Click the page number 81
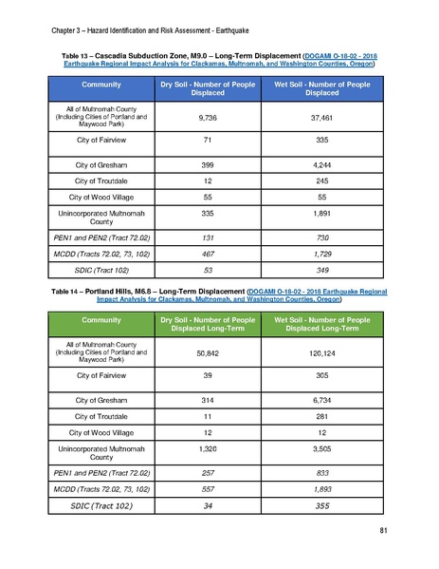(383, 529)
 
